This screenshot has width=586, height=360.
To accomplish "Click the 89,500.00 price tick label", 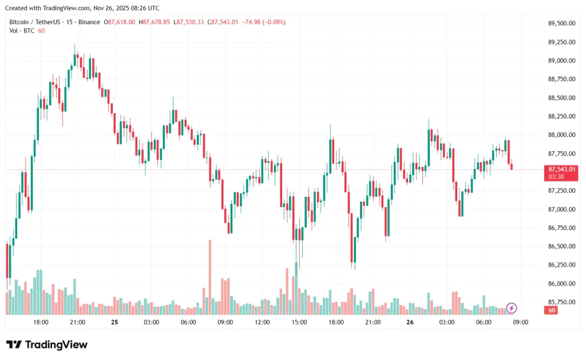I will pos(561,23).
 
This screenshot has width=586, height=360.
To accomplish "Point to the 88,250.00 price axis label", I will pos(561,116).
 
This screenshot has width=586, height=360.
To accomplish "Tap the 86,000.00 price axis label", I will pos(561,284).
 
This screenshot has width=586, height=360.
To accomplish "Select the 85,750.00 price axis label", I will pos(561,302).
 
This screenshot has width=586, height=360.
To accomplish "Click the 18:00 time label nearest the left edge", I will pos(41,322).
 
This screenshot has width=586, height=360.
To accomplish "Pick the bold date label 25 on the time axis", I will pos(114,322).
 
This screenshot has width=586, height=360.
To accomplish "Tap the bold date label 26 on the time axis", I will pos(410,322).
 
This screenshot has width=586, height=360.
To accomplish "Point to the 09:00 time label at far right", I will pos(520,322).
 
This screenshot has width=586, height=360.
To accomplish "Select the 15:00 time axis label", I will pos(299,322).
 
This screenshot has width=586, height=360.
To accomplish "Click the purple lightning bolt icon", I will pos(512,308).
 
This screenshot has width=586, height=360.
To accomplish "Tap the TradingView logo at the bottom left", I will pos(47,345).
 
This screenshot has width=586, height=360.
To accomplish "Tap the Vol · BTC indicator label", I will pos(22,30).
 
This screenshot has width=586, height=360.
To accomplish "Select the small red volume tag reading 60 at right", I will pos(552,310).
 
